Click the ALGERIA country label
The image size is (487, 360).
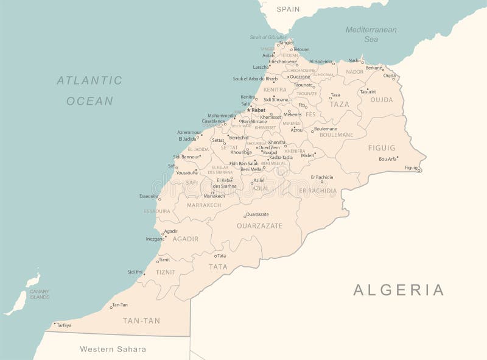click(399, 290)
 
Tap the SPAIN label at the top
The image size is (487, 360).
click(288, 9)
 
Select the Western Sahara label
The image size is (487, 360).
click(113, 349)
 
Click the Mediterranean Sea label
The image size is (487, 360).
click(371, 34)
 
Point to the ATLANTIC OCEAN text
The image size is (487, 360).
click(89, 90)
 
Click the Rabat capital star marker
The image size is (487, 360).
click(248, 110)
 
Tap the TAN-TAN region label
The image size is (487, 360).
click(141, 320)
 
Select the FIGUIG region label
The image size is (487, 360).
click(382, 148)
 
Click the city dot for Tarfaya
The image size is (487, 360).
click(54, 323)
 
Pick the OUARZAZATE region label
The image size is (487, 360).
click(260, 225)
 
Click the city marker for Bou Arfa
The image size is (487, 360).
click(398, 157)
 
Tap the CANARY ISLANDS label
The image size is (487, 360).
click(39, 295)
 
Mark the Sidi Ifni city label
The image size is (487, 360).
click(135, 272)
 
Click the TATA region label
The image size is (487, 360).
click(218, 267)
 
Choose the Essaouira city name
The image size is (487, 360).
click(148, 196)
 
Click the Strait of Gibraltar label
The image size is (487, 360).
click(267, 37)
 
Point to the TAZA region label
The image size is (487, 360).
click(340, 104)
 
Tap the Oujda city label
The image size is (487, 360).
click(389, 76)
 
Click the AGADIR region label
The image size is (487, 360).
click(186, 239)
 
